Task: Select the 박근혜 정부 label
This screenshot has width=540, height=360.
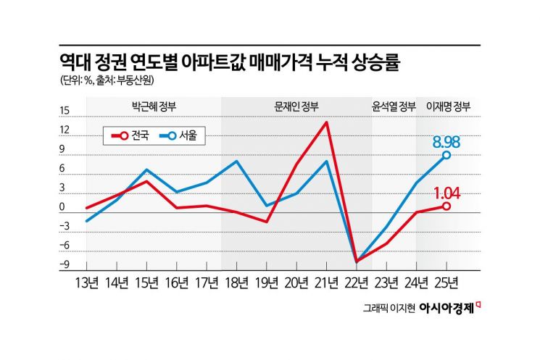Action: click(151, 106)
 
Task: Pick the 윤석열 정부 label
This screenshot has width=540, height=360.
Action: click(394, 106)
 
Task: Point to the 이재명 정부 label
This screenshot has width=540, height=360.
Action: click(449, 106)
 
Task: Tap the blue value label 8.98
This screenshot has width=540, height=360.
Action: click(447, 139)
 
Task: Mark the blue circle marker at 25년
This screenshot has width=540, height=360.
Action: click(446, 155)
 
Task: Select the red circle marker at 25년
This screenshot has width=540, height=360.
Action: click(446, 206)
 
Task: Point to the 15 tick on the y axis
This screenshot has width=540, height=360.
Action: click(65, 111)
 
